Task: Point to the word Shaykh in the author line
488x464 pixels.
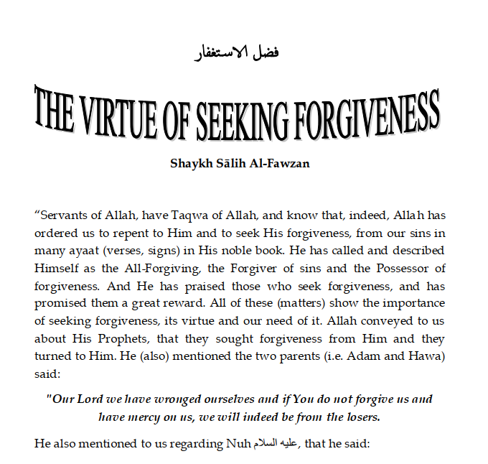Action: point(188,163)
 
